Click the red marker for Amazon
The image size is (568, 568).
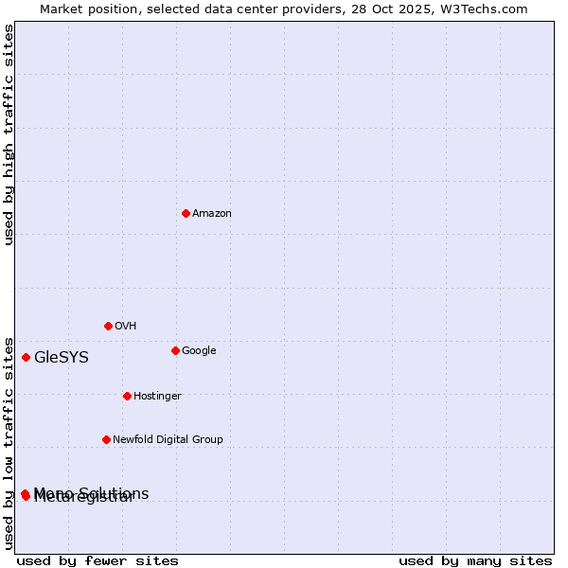(x=186, y=213)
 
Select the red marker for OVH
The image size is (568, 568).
(x=108, y=326)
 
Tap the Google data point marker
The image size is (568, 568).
(x=175, y=350)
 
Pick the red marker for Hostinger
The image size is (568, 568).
(x=127, y=396)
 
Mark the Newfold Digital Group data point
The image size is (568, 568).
(x=106, y=439)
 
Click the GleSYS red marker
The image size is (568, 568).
(x=26, y=357)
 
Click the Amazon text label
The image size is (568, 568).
(x=212, y=213)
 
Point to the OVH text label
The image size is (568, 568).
(x=126, y=326)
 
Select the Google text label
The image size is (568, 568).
(x=199, y=350)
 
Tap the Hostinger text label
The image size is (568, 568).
(x=157, y=396)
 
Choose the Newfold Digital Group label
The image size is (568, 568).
(x=168, y=439)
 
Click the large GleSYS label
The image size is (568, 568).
(x=62, y=357)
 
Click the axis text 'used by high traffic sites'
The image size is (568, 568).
(x=9, y=134)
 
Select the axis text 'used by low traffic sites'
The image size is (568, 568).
(x=9, y=443)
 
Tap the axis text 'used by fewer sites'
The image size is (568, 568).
(x=98, y=560)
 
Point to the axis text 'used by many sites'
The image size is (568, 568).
(x=475, y=560)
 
